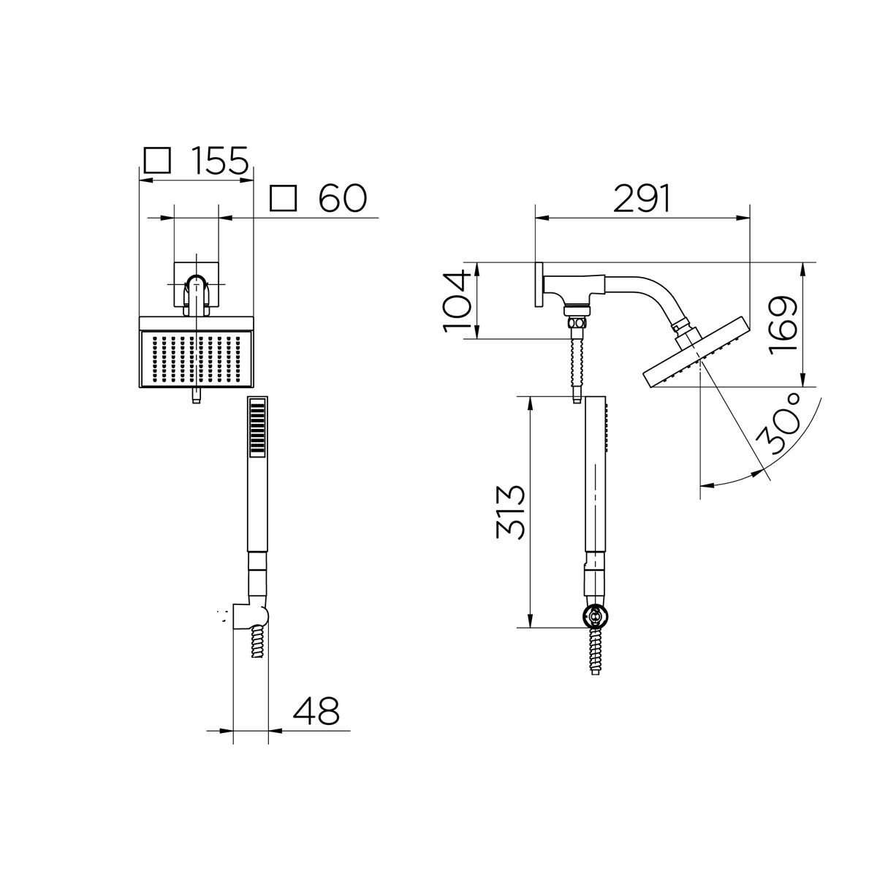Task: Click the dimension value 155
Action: click(x=220, y=160)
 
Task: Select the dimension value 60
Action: click(x=342, y=198)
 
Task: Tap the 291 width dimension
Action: click(x=642, y=199)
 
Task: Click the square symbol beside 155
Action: click(x=157, y=161)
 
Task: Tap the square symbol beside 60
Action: click(x=283, y=198)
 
